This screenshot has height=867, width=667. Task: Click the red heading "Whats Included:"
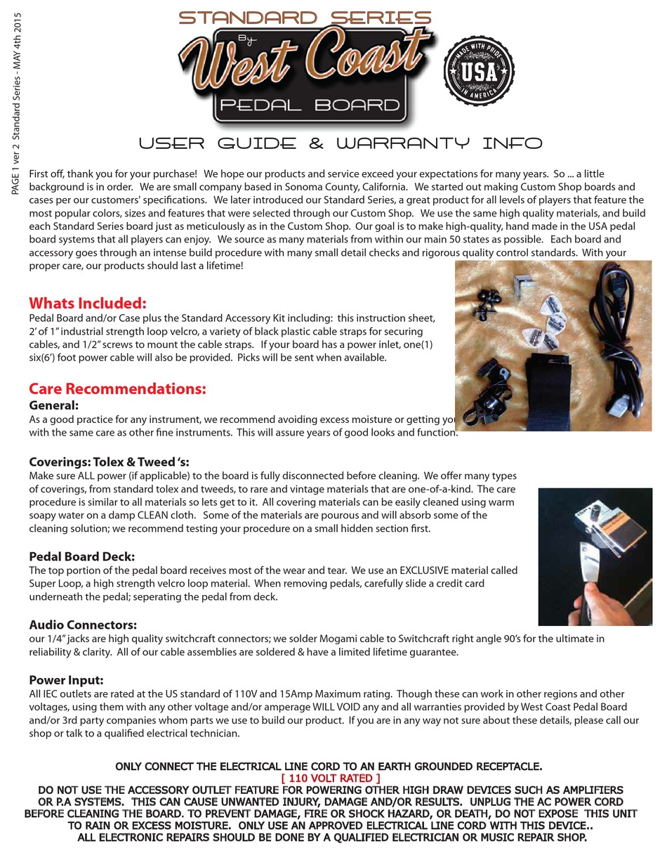point(88,304)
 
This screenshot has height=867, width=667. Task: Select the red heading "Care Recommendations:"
point(117,389)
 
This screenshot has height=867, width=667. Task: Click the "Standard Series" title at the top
point(305,18)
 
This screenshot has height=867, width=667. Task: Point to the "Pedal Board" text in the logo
point(310,105)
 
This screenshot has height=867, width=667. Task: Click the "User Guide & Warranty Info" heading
point(341,144)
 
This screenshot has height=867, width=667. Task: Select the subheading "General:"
point(53,405)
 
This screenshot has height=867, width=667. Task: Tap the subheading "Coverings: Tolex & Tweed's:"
point(109,462)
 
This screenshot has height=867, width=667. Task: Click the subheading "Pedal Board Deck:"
point(81,556)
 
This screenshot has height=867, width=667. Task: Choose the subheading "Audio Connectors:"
point(83,625)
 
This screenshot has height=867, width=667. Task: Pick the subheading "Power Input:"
point(66,680)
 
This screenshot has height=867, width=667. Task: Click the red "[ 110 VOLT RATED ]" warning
point(331,778)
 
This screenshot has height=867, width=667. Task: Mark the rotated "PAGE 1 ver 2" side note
point(16,105)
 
